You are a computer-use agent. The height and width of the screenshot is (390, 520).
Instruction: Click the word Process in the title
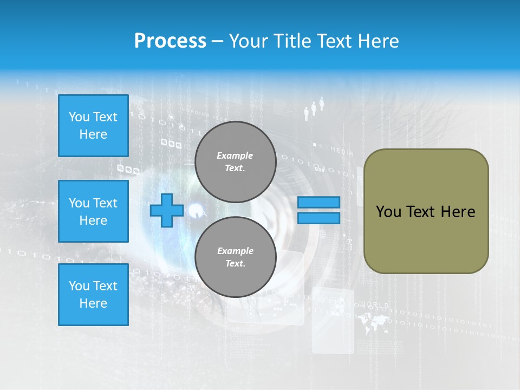click(x=170, y=41)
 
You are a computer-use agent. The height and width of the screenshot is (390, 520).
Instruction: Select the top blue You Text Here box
click(x=93, y=126)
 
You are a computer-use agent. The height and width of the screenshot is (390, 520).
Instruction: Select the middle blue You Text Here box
click(x=93, y=211)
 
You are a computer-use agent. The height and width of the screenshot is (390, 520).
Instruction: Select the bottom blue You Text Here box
click(x=93, y=294)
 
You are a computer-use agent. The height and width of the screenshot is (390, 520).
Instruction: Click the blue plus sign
click(x=166, y=210)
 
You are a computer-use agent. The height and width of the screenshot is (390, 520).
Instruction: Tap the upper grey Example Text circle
click(x=235, y=162)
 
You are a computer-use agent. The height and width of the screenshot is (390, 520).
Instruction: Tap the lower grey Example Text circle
click(x=235, y=257)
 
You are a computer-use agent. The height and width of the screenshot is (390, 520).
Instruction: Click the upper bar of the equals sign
click(x=318, y=203)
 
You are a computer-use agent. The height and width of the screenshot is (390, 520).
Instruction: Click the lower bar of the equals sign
click(x=318, y=218)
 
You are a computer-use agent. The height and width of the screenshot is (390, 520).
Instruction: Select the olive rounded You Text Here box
click(x=426, y=211)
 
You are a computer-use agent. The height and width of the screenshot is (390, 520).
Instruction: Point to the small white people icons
click(x=314, y=108)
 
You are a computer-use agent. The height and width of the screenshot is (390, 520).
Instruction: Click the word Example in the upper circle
click(x=235, y=155)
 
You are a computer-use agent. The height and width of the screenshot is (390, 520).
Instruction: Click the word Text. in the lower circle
click(x=235, y=263)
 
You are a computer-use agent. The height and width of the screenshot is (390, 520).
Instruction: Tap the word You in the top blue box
click(x=79, y=117)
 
